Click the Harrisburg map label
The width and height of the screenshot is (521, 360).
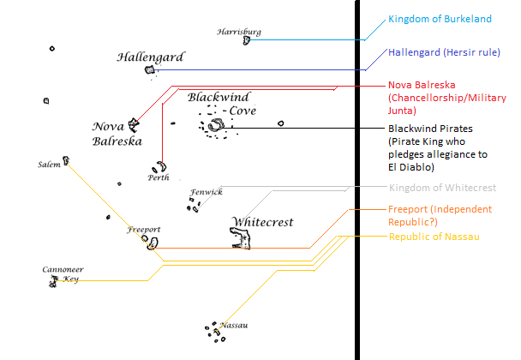[x=239, y=32]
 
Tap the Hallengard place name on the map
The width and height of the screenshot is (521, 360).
[x=150, y=57]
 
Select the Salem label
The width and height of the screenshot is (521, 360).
[x=49, y=164]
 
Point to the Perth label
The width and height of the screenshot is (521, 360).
[x=158, y=177]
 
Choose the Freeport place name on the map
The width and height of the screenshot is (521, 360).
[x=144, y=230]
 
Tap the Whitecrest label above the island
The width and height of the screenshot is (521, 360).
[x=262, y=222]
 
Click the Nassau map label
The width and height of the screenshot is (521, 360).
[x=234, y=326]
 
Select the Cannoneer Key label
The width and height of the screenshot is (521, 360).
[x=62, y=274]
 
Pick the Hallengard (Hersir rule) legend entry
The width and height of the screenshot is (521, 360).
[x=444, y=52]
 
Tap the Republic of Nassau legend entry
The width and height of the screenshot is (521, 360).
[x=434, y=237]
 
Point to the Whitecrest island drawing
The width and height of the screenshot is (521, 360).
[x=241, y=239]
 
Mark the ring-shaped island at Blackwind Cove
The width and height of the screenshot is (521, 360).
[x=215, y=127]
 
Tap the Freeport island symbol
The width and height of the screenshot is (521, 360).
[x=153, y=243]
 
